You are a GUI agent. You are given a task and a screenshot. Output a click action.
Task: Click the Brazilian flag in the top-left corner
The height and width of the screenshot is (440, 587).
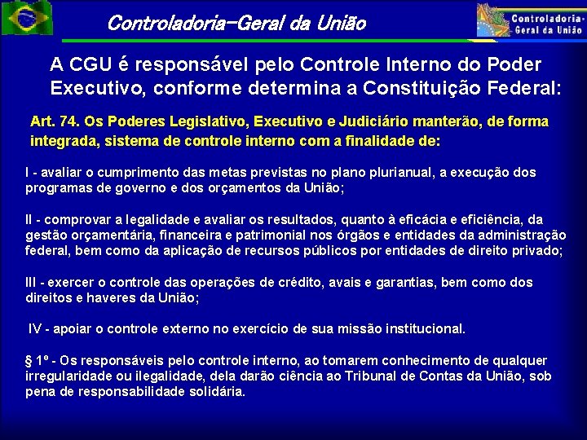pos(27,18)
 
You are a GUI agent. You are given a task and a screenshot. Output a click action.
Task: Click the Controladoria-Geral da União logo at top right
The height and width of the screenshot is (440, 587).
pos(531,20)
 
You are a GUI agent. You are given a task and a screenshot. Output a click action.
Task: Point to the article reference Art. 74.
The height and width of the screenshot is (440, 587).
pos(53,121)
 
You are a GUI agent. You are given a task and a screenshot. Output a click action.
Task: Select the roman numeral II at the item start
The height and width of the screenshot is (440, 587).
pos(30,219)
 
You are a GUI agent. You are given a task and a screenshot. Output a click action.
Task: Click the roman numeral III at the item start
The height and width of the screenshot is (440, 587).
pos(32,282)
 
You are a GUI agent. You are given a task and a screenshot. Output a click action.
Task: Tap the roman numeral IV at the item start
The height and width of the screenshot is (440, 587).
pos(35,329)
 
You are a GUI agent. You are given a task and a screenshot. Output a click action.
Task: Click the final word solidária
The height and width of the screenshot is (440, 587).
pos(214,391)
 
